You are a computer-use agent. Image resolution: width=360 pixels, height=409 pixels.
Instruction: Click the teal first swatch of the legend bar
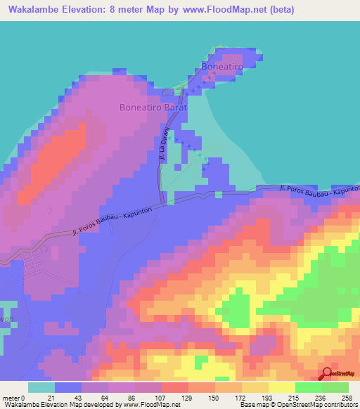41,387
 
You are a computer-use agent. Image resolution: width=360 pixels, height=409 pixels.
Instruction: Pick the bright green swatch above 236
309,387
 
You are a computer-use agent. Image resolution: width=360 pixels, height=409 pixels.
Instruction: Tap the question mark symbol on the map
49,209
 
